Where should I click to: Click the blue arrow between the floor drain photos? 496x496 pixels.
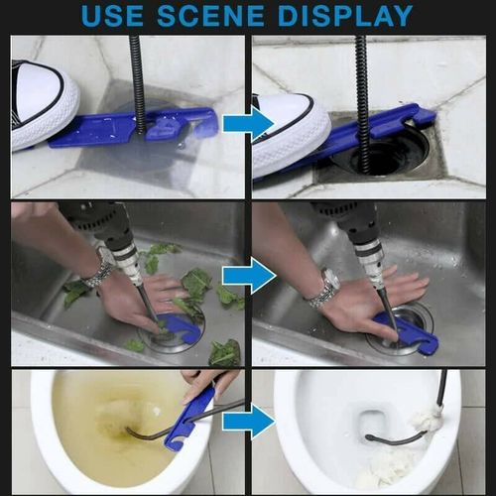click(x=247, y=123)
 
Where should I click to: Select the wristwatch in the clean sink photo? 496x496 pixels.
click(x=323, y=289)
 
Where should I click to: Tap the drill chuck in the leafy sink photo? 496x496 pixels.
click(x=127, y=259)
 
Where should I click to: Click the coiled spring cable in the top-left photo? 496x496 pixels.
click(x=137, y=79)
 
